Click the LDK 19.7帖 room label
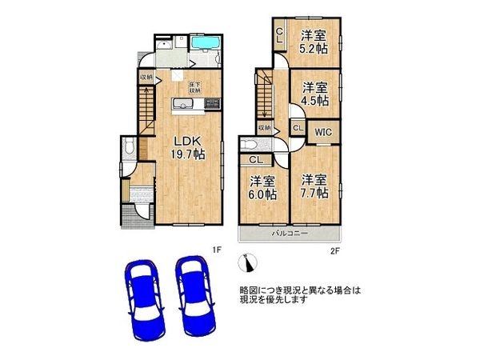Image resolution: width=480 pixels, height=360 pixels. pyautogui.click(x=188, y=147)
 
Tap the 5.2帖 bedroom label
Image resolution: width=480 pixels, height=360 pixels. pyautogui.click(x=313, y=41)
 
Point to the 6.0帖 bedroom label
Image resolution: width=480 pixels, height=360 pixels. pyautogui.click(x=262, y=187)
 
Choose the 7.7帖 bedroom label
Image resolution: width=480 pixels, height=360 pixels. pyautogui.click(x=314, y=186)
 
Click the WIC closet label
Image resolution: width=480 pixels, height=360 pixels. pyautogui.click(x=323, y=130)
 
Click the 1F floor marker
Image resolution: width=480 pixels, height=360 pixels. pyautogui.click(x=215, y=250)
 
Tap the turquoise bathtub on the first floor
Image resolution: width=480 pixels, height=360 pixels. pyautogui.click(x=206, y=42)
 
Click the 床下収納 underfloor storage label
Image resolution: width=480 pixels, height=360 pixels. pyautogui.click(x=194, y=86)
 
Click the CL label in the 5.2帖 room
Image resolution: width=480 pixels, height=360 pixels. pyautogui.click(x=279, y=34)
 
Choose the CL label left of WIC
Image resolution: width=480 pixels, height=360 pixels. pyautogui.click(x=297, y=128)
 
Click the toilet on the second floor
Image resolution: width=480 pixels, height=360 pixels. pyautogui.click(x=247, y=145)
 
